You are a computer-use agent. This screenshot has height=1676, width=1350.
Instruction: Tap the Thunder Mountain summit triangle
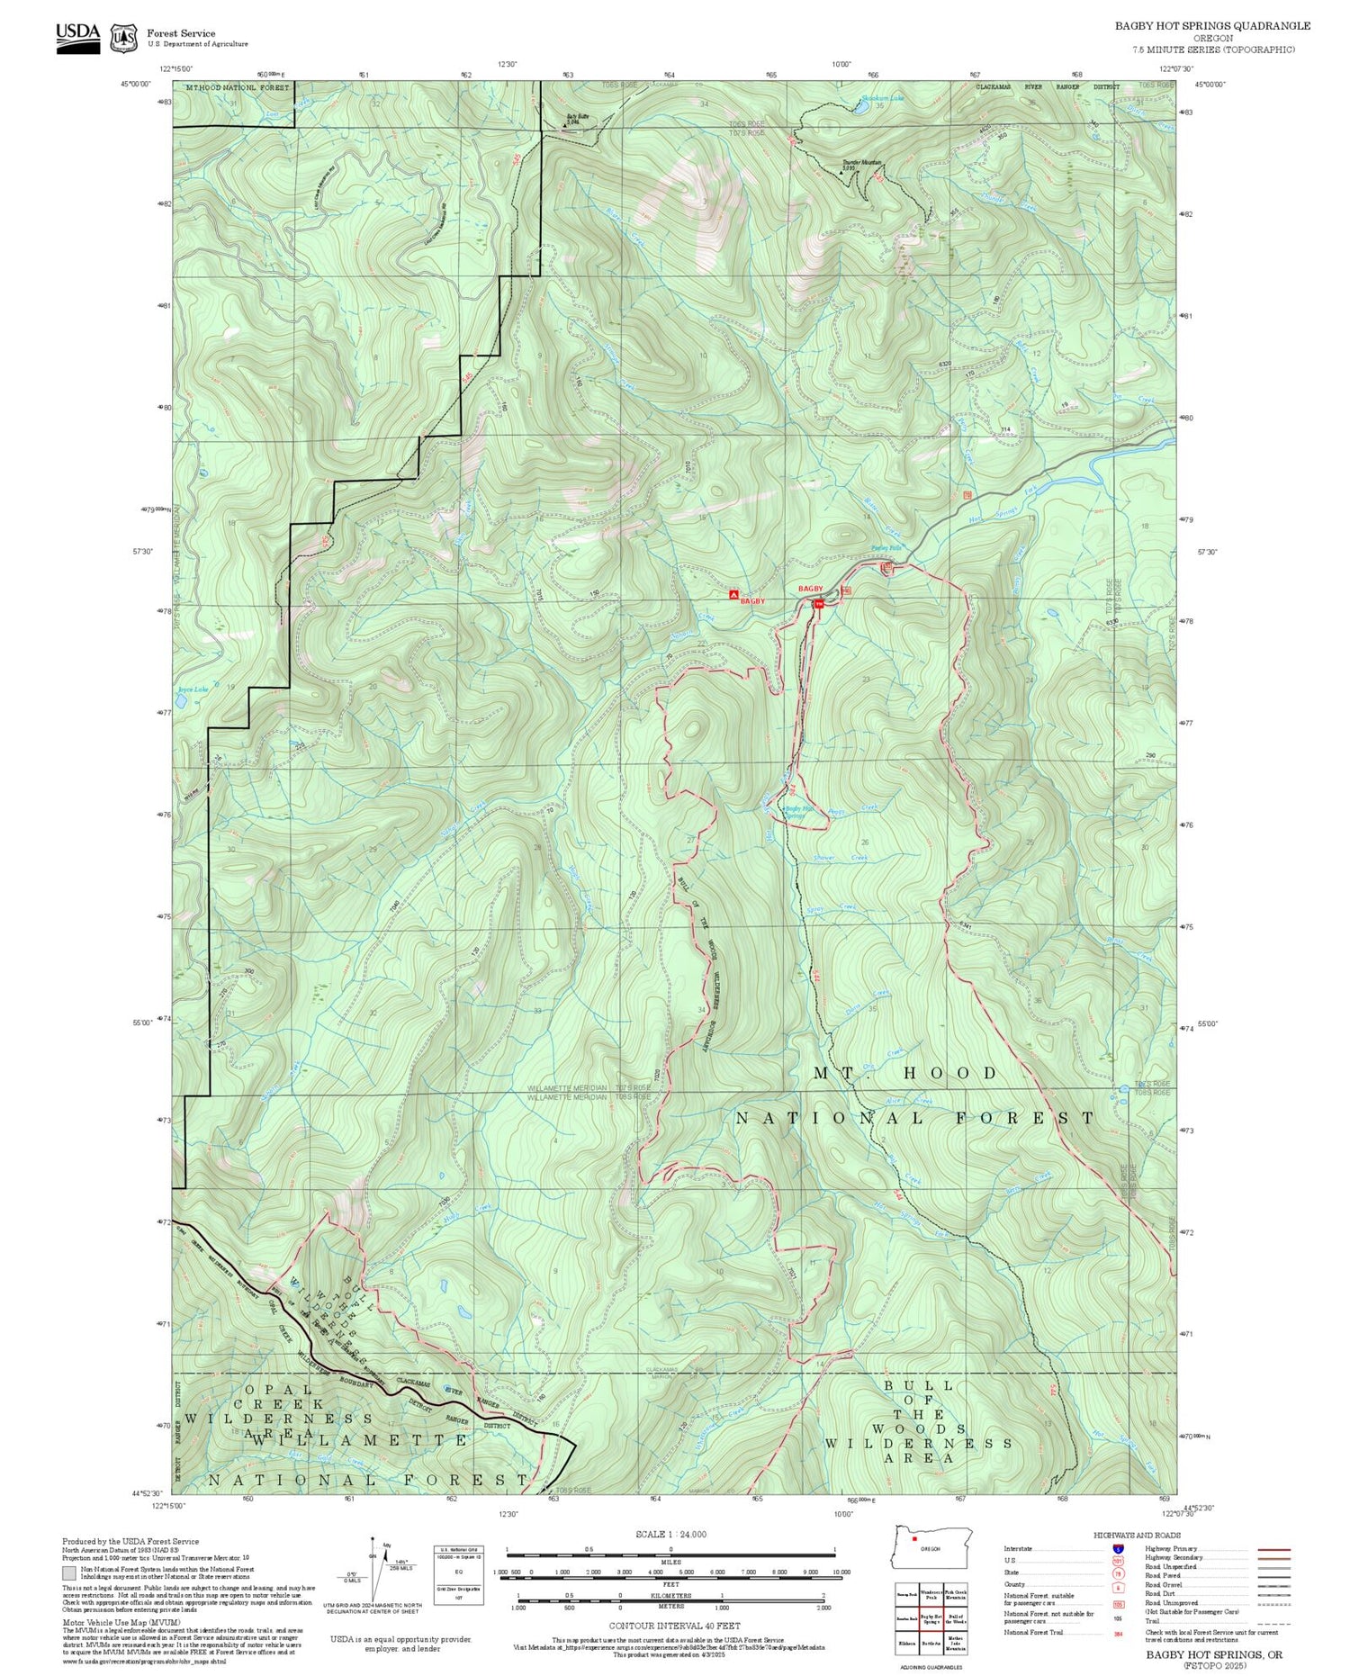(x=842, y=170)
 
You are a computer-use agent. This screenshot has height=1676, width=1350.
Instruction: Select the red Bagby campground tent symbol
(x=733, y=595)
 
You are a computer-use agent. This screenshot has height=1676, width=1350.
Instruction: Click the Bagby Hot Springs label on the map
(x=800, y=809)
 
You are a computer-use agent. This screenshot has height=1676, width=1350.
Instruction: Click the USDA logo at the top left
(x=78, y=34)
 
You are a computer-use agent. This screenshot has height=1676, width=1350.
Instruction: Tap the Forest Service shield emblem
(x=123, y=38)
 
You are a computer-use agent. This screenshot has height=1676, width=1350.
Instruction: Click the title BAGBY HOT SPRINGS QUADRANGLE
(x=1212, y=25)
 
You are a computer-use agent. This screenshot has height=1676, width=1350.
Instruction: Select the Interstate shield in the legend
(x=1118, y=1548)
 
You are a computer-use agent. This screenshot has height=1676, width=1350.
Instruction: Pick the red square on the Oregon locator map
(x=914, y=1539)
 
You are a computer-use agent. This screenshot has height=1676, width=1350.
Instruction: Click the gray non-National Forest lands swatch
(x=69, y=1574)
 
